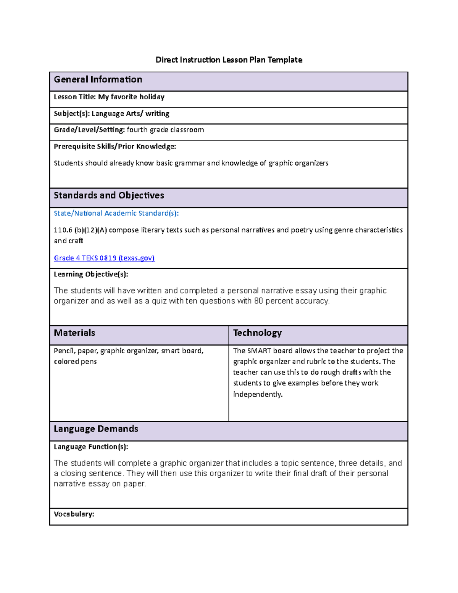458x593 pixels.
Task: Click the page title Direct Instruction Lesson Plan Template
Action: pyautogui.click(x=229, y=60)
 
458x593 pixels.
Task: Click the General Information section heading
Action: pyautogui.click(x=98, y=79)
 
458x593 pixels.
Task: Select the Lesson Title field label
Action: pyautogui.click(x=75, y=97)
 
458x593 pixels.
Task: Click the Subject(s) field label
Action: pyautogui.click(x=71, y=114)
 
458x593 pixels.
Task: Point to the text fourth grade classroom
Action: pyautogui.click(x=165, y=130)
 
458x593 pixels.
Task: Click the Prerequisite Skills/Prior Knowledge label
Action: pyautogui.click(x=115, y=147)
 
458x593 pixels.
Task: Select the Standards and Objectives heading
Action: pyautogui.click(x=109, y=196)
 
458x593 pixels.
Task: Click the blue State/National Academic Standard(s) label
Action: pyautogui.click(x=116, y=213)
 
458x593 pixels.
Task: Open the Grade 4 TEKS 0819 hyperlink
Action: pyautogui.click(x=104, y=258)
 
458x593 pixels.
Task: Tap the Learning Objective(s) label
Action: pyautogui.click(x=91, y=275)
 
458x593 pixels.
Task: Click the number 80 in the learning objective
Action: pyautogui.click(x=258, y=301)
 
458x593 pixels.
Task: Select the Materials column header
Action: pyautogui.click(x=74, y=333)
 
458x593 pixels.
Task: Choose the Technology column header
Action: pyautogui.click(x=257, y=333)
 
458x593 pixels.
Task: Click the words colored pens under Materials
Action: pyautogui.click(x=75, y=362)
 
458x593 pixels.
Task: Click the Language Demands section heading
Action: pyautogui.click(x=96, y=429)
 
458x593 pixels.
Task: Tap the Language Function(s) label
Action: pyautogui.click(x=91, y=447)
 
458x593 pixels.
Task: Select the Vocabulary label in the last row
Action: pyautogui.click(x=74, y=514)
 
